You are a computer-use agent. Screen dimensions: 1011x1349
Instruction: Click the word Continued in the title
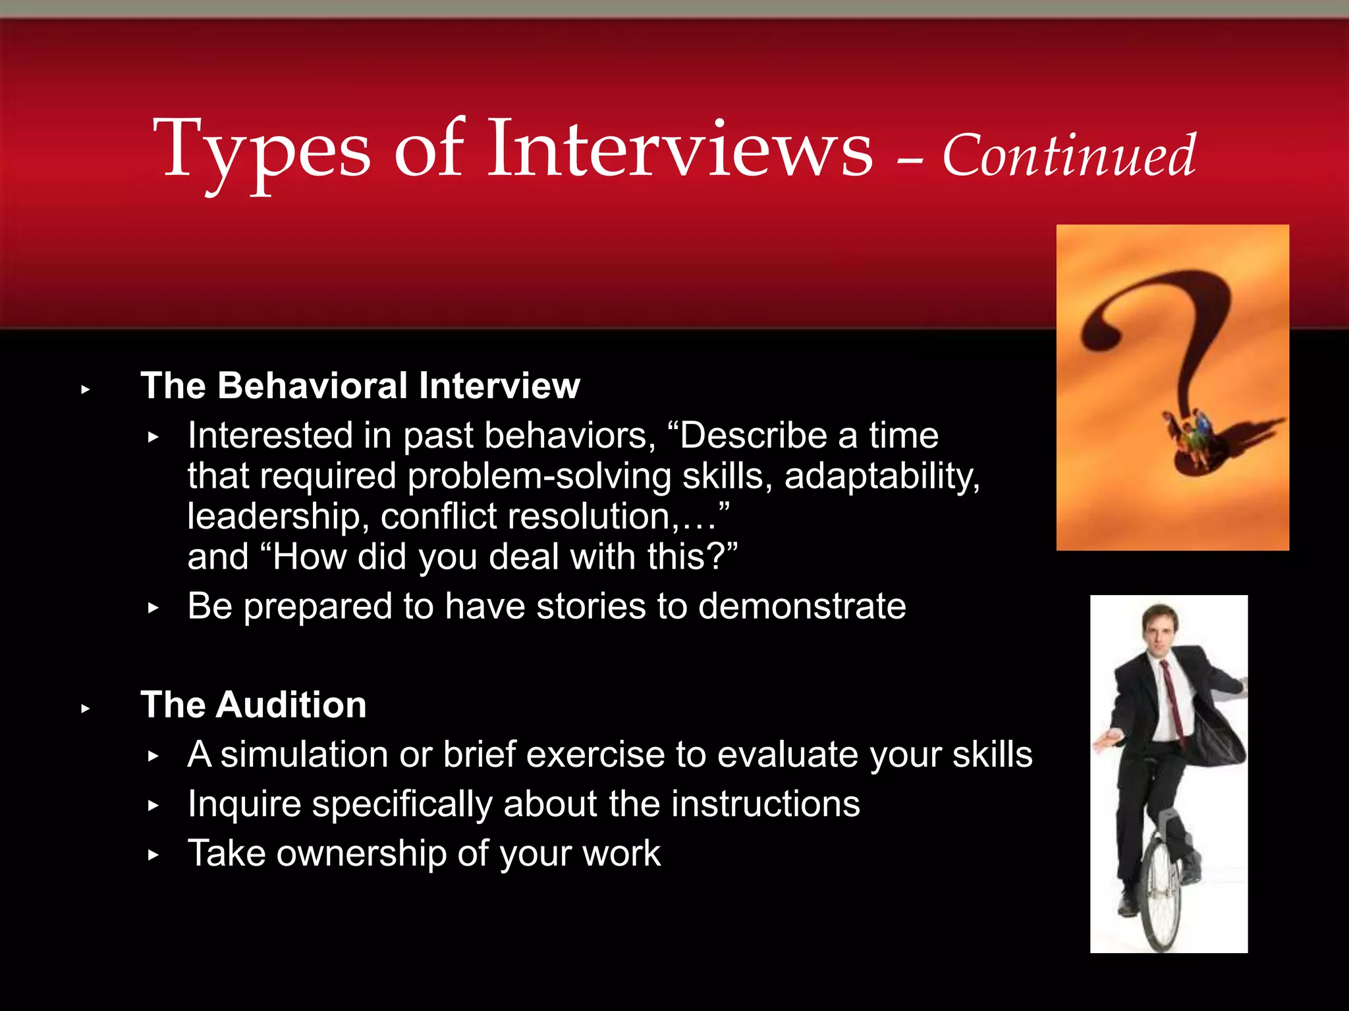pos(1068,156)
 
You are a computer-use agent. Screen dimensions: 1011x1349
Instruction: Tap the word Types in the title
pos(262,151)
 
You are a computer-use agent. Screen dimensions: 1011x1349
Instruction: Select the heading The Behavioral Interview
pos(360,386)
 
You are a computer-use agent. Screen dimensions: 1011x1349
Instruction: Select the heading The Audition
pos(254,705)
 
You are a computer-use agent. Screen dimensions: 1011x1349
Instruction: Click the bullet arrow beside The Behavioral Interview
pos(85,390)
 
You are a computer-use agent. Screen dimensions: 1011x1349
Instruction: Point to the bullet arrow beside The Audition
pos(85,709)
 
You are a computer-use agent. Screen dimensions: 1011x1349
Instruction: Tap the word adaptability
pos(881,476)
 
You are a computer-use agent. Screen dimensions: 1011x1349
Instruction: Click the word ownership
pos(361,854)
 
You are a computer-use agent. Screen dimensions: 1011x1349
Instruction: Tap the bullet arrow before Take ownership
pos(153,855)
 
